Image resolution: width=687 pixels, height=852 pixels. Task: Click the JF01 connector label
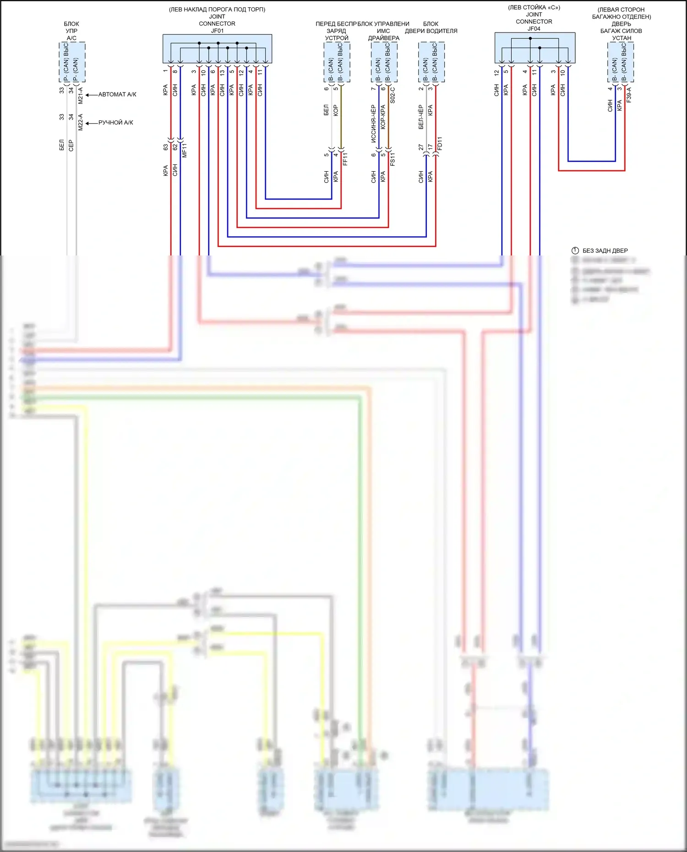pos(217,31)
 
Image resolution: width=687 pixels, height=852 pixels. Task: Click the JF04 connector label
pos(534,28)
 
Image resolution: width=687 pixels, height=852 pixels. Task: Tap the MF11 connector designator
pos(185,150)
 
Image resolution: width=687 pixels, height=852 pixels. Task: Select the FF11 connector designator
pos(345,159)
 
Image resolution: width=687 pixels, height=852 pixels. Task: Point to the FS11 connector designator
pos(393,159)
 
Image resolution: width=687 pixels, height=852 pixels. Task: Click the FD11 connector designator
pos(440,143)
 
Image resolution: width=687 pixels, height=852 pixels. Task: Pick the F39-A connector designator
pos(629,95)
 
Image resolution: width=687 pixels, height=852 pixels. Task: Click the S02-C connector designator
pos(393,95)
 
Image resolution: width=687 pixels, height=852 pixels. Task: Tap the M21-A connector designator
pos(81,95)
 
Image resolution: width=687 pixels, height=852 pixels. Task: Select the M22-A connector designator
pos(81,122)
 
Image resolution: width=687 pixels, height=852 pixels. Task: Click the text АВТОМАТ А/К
pos(117,94)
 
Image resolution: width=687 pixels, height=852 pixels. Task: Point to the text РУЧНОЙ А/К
pos(115,122)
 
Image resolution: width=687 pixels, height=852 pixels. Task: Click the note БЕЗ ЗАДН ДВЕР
pos(605,250)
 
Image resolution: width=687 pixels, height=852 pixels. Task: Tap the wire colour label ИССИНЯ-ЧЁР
pos(373,124)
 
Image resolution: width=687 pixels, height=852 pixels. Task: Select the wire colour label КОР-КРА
pos(383,117)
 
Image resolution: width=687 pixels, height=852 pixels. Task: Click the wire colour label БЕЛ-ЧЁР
pos(421,117)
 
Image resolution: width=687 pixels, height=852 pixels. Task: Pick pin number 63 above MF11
pos(165,147)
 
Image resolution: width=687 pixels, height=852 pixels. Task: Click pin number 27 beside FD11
pos(421,147)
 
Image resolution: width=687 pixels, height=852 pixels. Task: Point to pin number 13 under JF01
pos(222,72)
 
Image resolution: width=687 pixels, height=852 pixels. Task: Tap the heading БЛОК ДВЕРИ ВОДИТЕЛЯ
pos(431,27)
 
